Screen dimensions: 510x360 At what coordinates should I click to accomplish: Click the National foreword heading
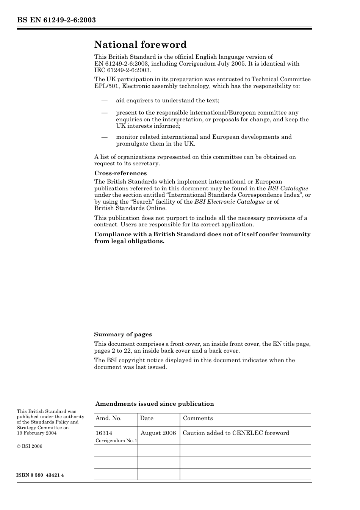tap(140, 45)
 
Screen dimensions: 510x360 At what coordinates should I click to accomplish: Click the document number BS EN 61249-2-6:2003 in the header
tap(56, 20)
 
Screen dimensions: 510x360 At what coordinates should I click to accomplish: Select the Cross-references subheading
tap(120, 173)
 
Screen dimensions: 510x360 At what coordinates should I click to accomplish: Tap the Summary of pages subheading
tap(123, 334)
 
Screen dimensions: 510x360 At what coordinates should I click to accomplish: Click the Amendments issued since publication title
tap(155, 404)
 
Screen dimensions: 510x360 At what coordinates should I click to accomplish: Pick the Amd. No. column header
tap(108, 418)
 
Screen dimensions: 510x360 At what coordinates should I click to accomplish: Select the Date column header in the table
tap(147, 418)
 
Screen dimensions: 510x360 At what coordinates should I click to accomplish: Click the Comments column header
tap(198, 418)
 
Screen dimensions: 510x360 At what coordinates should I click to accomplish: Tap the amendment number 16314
tap(104, 433)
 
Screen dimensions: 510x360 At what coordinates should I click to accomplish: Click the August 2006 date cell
tap(158, 433)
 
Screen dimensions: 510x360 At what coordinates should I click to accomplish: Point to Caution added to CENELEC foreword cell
tap(236, 433)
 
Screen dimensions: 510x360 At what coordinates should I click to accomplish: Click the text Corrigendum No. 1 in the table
tap(116, 441)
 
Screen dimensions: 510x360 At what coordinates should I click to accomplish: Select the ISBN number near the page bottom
tap(40, 475)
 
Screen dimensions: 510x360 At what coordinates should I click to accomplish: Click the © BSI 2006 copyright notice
tap(30, 446)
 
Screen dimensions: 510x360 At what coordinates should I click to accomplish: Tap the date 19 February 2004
tap(36, 433)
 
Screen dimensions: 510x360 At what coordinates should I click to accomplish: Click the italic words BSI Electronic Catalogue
tap(229, 202)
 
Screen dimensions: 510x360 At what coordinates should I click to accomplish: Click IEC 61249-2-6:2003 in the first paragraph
tap(122, 70)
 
